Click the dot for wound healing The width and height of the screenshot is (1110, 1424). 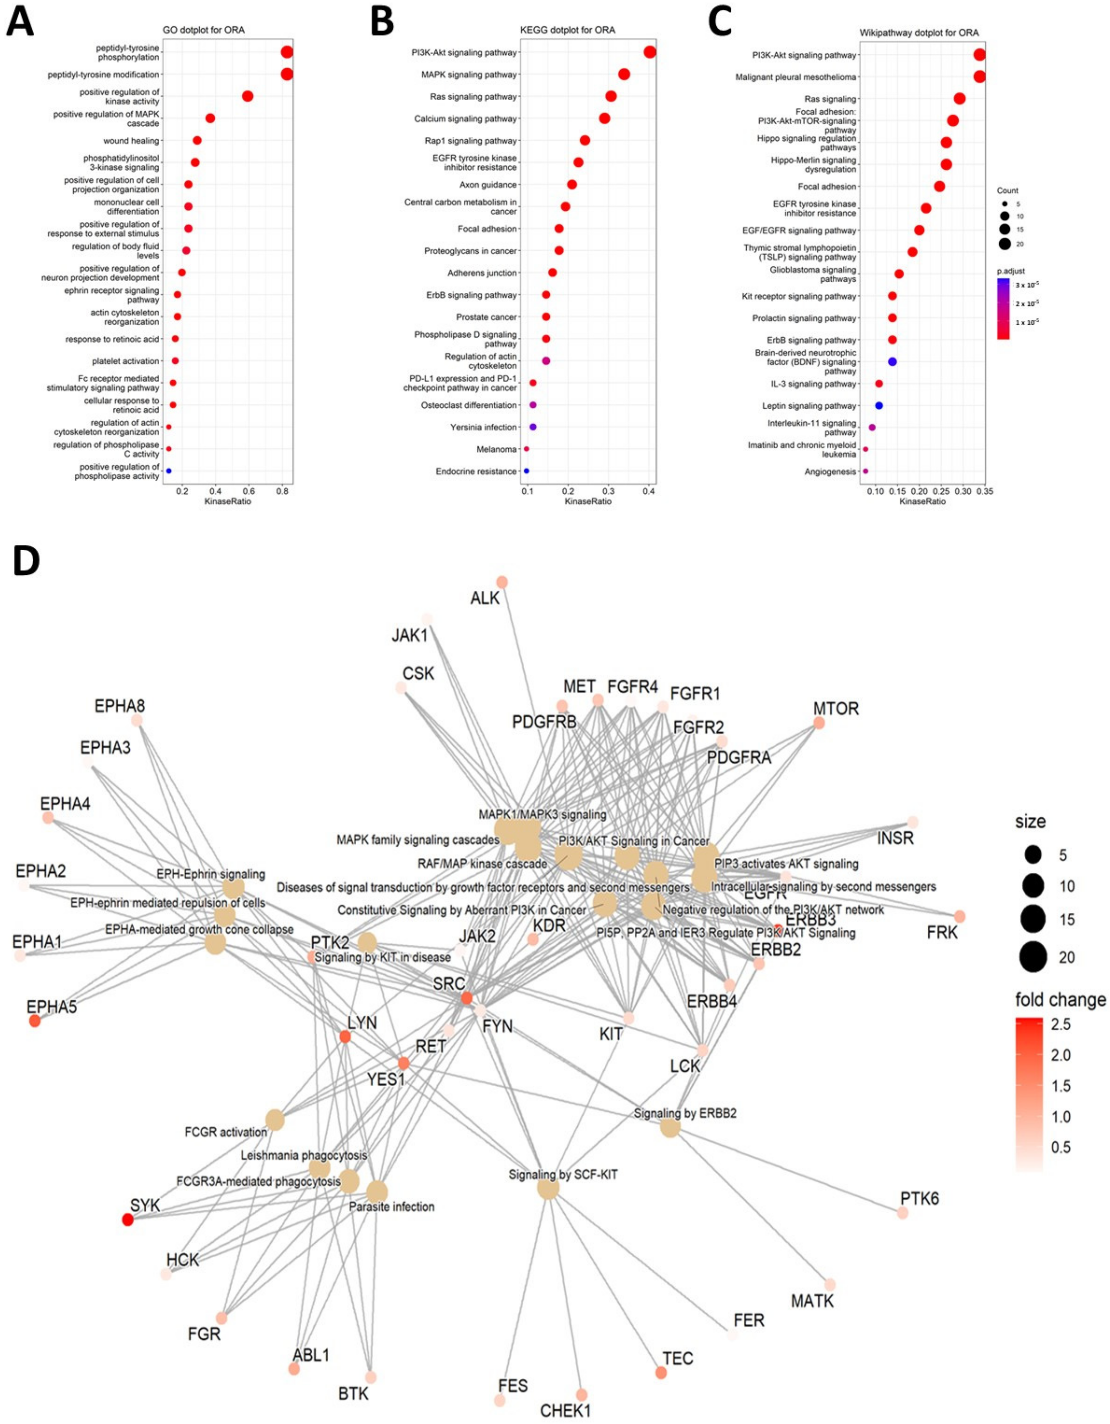(197, 140)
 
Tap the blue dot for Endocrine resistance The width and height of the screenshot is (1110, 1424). (526, 471)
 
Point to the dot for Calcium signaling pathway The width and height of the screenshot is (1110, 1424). (604, 119)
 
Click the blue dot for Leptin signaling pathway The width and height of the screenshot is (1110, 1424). (879, 406)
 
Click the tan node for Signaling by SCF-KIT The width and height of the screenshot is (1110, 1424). (548, 1189)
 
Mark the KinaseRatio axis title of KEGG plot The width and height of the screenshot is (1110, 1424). (588, 501)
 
